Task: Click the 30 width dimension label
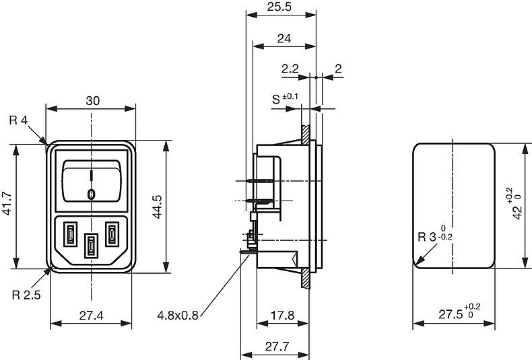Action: pyautogui.click(x=93, y=101)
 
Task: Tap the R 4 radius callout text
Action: pyautogui.click(x=18, y=120)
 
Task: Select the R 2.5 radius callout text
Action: pyautogui.click(x=26, y=295)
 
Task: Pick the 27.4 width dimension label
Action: pyautogui.click(x=92, y=316)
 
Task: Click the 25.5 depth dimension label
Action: pyautogui.click(x=279, y=7)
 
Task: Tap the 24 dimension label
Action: pyautogui.click(x=284, y=38)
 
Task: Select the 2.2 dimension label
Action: pyautogui.click(x=290, y=69)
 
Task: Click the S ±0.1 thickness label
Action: pyautogui.click(x=285, y=99)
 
